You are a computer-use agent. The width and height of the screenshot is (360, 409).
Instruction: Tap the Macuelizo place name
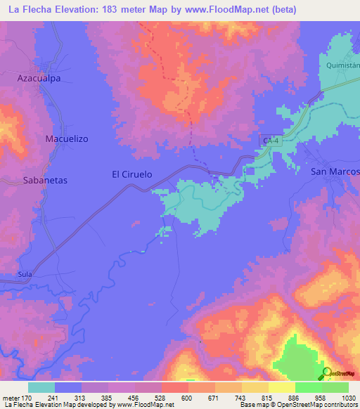tap(66, 139)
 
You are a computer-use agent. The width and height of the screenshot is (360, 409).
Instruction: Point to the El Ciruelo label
tap(132, 174)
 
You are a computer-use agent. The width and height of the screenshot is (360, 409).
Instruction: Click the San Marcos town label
tap(335, 172)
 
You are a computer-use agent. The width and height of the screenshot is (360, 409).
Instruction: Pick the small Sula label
tap(25, 274)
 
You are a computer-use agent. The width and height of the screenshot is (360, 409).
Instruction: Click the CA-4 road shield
tap(271, 141)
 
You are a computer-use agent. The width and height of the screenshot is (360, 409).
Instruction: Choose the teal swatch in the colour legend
tap(41, 387)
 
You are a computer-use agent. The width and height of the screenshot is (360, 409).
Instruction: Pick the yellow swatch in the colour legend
tap(281, 387)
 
